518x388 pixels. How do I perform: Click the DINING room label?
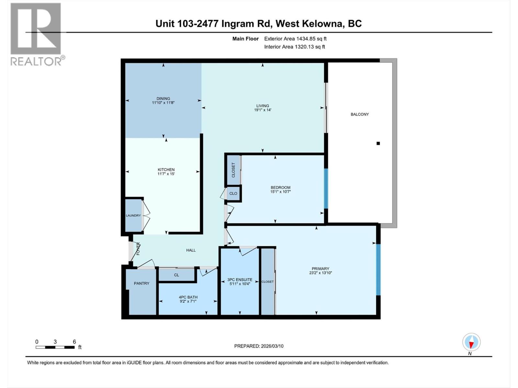click(163, 99)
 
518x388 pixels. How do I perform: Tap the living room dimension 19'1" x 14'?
click(263, 110)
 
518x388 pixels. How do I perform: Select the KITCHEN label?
click(166, 169)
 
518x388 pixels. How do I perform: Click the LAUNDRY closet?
click(133, 215)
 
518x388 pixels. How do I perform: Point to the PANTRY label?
click(141, 283)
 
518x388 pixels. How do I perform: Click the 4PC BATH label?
click(188, 297)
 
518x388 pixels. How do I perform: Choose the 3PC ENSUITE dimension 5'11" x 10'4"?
click(240, 284)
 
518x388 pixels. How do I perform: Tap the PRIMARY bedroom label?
click(320, 268)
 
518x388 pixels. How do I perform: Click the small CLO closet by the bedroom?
click(233, 193)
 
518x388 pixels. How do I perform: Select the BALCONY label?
click(360, 114)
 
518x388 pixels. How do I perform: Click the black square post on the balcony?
click(378, 143)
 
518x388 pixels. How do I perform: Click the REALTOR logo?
click(36, 34)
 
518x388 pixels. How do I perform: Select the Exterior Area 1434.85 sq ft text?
click(295, 39)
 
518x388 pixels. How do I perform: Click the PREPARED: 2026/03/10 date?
click(259, 346)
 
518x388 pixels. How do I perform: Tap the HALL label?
click(191, 250)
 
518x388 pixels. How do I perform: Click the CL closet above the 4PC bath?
click(176, 275)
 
